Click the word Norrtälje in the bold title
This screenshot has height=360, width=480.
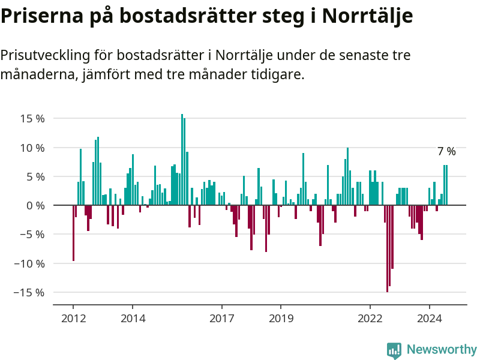[367, 16]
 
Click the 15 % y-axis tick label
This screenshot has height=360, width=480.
[32, 119]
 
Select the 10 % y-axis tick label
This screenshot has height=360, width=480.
[32, 148]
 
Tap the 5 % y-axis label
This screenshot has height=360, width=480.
[35, 177]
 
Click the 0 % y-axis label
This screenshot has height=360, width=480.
[35, 206]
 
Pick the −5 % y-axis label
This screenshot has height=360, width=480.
[32, 235]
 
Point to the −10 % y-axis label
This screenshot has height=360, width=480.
[29, 264]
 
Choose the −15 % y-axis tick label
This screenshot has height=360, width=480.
[29, 293]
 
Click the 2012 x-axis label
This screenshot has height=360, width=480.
[73, 318]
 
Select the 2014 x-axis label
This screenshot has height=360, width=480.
[133, 318]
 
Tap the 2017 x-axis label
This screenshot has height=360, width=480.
[221, 318]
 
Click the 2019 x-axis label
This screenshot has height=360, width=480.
[281, 318]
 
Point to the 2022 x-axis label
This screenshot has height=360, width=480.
[370, 318]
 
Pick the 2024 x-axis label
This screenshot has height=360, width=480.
[429, 318]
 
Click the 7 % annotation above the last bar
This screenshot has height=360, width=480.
[446, 152]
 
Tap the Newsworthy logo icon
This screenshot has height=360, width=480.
[394, 350]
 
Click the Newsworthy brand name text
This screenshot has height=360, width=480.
[442, 350]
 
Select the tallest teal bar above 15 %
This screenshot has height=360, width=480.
[182, 160]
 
